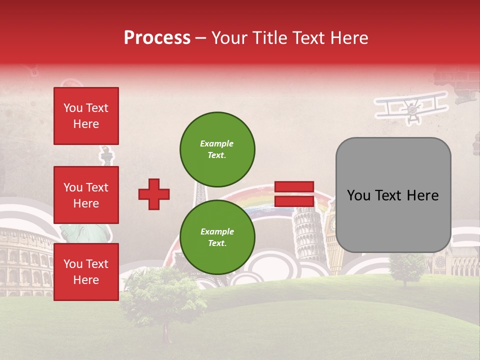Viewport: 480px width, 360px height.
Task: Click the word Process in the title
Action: click(x=157, y=38)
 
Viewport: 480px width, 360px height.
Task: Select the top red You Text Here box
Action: click(x=86, y=116)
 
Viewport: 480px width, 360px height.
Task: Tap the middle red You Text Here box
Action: click(x=86, y=195)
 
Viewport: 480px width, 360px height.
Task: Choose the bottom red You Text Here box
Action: click(x=86, y=271)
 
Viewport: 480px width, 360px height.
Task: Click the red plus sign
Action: click(x=154, y=194)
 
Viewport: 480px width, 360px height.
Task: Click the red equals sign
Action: click(x=294, y=194)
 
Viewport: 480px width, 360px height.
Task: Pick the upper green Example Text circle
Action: click(x=217, y=149)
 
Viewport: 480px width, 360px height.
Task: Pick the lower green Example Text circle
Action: click(x=217, y=237)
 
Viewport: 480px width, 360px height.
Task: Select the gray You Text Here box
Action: click(x=393, y=195)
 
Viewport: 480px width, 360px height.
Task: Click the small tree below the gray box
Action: click(x=406, y=267)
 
